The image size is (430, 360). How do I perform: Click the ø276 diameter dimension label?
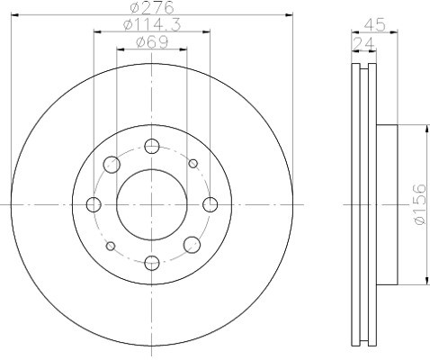point(152,8)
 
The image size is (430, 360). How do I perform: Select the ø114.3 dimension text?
point(152,25)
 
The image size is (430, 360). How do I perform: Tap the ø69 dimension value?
point(152,42)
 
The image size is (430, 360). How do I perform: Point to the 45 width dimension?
point(374,25)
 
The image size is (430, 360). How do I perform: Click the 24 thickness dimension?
point(363,44)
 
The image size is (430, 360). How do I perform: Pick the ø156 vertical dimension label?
point(419,204)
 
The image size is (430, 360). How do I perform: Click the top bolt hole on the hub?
point(152,146)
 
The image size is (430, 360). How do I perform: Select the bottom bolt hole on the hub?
point(152,263)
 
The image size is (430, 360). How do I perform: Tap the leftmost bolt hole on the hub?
point(94,204)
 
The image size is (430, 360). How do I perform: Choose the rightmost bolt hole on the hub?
point(211,204)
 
